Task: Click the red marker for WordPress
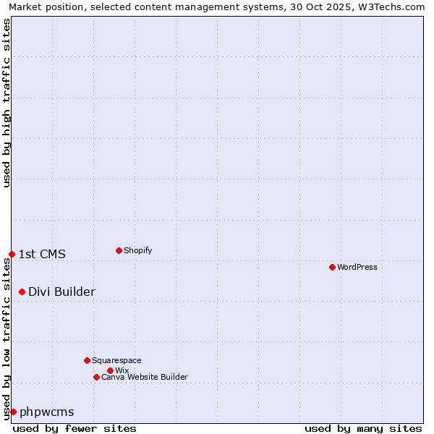pyautogui.click(x=332, y=267)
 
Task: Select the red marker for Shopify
pyautogui.click(x=119, y=250)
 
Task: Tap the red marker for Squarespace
pyautogui.click(x=87, y=360)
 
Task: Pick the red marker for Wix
pyautogui.click(x=110, y=370)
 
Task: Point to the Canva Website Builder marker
pyautogui.click(x=96, y=377)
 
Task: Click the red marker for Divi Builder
pyautogui.click(x=22, y=292)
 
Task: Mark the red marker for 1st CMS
pyautogui.click(x=12, y=254)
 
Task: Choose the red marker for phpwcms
pyautogui.click(x=13, y=412)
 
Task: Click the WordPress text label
pyautogui.click(x=357, y=267)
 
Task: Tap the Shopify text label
pyautogui.click(x=138, y=250)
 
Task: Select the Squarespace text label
pyautogui.click(x=116, y=360)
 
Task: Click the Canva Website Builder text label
pyautogui.click(x=145, y=377)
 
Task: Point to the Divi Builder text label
pyautogui.click(x=61, y=292)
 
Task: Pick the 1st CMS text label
pyautogui.click(x=42, y=254)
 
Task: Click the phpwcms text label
pyautogui.click(x=47, y=412)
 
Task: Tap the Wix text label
pyautogui.click(x=122, y=370)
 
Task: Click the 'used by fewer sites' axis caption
pyautogui.click(x=75, y=428)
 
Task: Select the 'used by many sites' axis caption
pyautogui.click(x=363, y=428)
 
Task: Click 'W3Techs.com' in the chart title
pyautogui.click(x=393, y=7)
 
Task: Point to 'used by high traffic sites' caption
pyautogui.click(x=7, y=103)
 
